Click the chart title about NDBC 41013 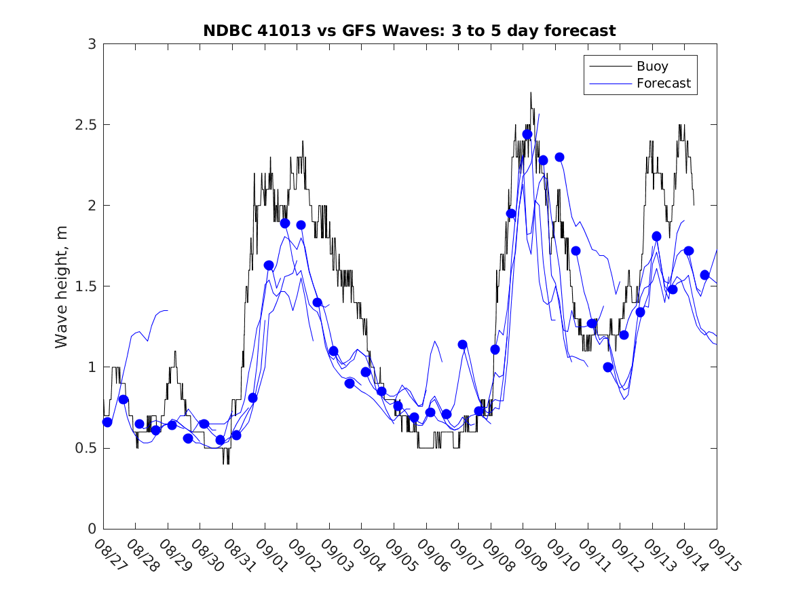(x=409, y=31)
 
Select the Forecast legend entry (x=663, y=83)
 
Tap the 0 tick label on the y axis (x=92, y=529)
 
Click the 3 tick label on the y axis (x=92, y=44)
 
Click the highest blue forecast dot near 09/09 (x=527, y=134)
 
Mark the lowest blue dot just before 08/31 (x=221, y=440)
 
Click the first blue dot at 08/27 (x=107, y=422)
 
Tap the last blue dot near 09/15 (x=704, y=275)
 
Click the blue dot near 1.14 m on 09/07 (x=462, y=344)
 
